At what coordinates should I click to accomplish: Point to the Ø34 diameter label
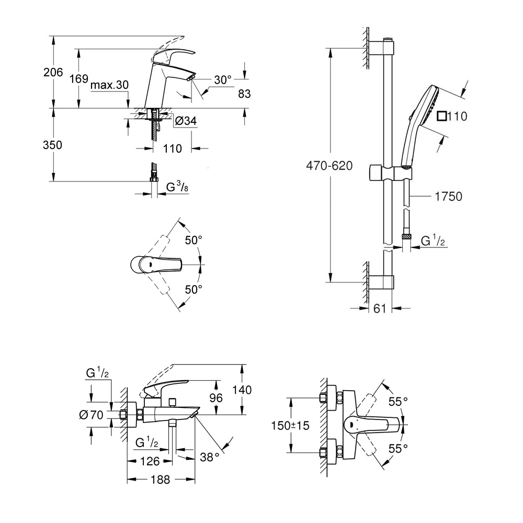point(186,121)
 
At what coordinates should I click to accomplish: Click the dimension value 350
point(52,145)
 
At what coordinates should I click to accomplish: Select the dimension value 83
point(244,94)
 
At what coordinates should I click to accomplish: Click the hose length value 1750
point(447,196)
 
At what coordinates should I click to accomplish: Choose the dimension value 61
point(380,309)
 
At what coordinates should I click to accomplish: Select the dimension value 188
point(160,480)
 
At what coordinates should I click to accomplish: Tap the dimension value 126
point(150,461)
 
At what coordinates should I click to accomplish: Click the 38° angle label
point(210,457)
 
